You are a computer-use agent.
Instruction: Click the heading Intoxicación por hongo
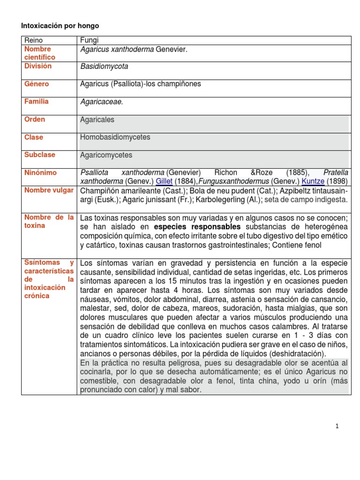(x=59, y=25)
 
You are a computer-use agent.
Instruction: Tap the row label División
(x=38, y=66)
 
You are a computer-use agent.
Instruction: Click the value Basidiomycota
(x=104, y=66)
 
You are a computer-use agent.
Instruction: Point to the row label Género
(x=37, y=84)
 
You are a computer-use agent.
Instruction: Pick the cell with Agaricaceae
(x=102, y=102)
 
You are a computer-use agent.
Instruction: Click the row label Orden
(x=35, y=120)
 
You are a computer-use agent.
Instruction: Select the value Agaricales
(x=97, y=120)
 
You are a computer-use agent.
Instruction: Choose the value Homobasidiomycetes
(x=115, y=137)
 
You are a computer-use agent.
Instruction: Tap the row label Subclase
(x=40, y=155)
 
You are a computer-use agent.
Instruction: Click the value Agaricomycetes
(x=106, y=155)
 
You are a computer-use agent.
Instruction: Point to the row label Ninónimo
(x=40, y=172)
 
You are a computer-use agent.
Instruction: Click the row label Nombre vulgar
(x=49, y=190)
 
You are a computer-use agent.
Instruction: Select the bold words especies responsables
(x=198, y=227)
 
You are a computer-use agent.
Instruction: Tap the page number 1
(x=337, y=426)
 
